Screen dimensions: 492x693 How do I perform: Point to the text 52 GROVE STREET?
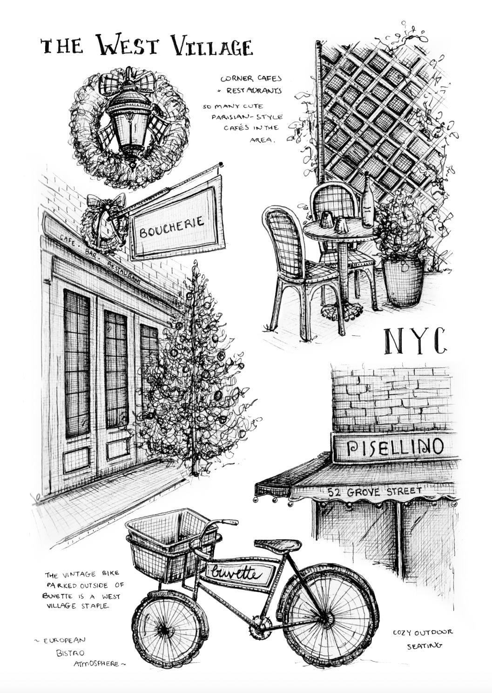375,491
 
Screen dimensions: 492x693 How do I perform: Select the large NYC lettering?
415,341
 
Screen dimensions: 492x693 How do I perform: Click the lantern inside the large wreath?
130,122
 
